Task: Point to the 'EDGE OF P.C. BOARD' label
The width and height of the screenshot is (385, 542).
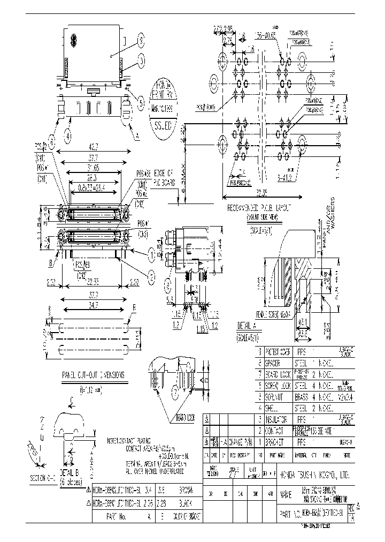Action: coord(164,177)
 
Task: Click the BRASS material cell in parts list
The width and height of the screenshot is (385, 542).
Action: coord(304,397)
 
